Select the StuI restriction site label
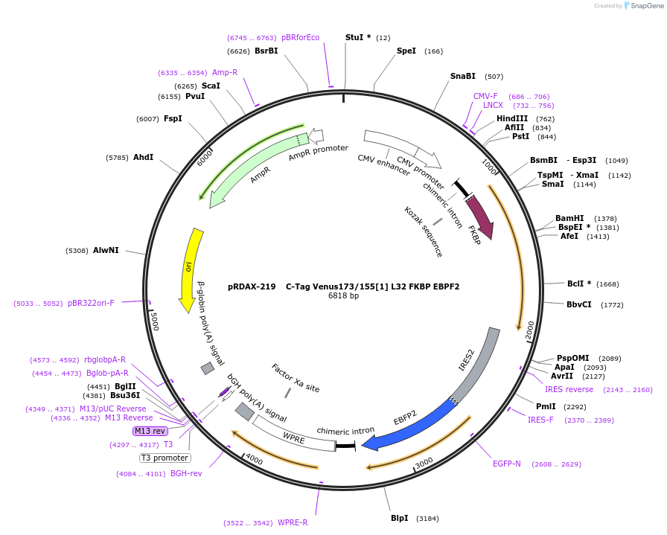358,37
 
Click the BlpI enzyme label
400,518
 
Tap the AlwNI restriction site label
106,250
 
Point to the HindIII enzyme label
512,118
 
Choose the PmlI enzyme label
546,406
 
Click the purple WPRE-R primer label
293,522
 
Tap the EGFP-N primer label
507,464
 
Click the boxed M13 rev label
150,431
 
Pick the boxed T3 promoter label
165,458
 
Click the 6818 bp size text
343,295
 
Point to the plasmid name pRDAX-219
252,286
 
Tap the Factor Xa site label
296,378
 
